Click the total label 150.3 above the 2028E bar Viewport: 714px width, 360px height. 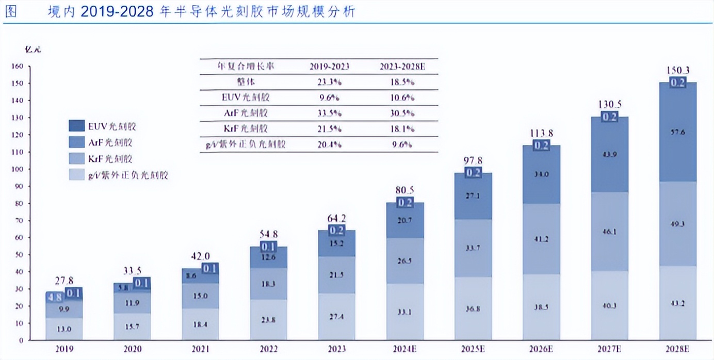click(x=678, y=71)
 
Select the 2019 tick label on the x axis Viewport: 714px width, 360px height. click(x=64, y=349)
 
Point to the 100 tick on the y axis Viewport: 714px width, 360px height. click(x=18, y=169)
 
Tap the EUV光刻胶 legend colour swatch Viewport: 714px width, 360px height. click(x=77, y=126)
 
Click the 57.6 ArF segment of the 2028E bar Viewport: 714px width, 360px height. click(x=678, y=133)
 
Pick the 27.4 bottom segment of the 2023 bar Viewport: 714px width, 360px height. click(x=336, y=316)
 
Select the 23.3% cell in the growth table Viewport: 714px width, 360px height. click(x=329, y=81)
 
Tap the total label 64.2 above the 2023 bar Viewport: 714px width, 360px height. click(x=336, y=220)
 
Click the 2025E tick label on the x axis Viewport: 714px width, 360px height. click(x=473, y=349)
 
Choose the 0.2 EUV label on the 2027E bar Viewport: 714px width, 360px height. click(x=610, y=117)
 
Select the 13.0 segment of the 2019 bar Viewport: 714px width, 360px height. click(x=64, y=329)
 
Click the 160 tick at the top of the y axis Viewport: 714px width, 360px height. click(x=18, y=66)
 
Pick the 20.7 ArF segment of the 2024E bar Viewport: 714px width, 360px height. click(x=405, y=220)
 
